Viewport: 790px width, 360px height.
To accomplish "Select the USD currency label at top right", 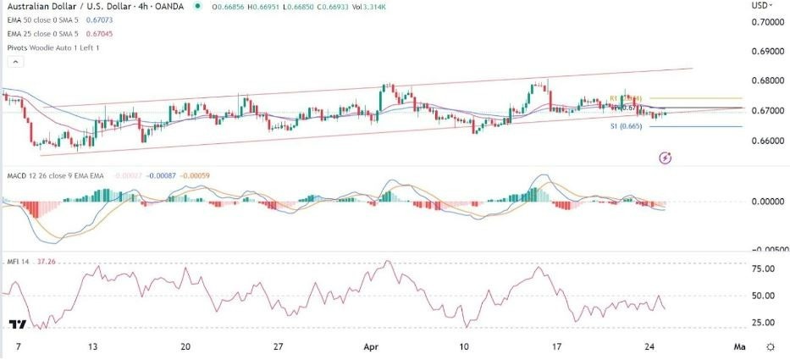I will tap(760, 6).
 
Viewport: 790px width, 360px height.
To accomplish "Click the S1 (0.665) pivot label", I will tap(625, 127).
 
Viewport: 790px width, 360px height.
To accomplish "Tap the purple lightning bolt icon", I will tap(666, 158).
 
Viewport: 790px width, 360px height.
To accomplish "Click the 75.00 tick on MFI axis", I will tap(764, 269).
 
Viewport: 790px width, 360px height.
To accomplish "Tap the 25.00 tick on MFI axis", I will tap(764, 323).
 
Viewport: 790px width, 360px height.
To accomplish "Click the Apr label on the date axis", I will tap(368, 347).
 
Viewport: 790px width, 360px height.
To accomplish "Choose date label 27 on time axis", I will tap(277, 347).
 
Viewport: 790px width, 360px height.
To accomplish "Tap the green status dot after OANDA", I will tap(197, 7).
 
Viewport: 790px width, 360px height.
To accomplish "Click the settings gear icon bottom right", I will tap(770, 347).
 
